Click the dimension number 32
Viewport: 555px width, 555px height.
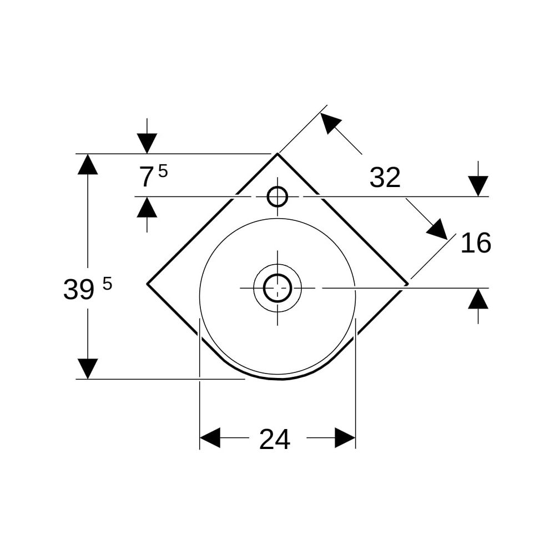tap(385, 178)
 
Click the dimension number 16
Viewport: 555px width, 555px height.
tap(476, 243)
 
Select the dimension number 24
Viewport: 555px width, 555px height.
tap(275, 439)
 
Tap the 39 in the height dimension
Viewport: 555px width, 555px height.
tap(79, 289)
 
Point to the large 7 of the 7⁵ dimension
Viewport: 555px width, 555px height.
tap(146, 177)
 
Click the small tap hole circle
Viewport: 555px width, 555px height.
tap(277, 196)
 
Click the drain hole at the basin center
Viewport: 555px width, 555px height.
tap(277, 288)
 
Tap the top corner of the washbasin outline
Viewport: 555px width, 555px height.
tap(278, 154)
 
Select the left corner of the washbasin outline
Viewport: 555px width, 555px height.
tap(147, 284)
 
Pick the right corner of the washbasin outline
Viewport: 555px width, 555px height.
tap(408, 284)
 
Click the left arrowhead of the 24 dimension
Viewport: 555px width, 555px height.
tap(210, 438)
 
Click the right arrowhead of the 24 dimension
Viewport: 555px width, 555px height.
tap(345, 438)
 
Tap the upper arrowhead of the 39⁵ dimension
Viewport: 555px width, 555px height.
tap(88, 164)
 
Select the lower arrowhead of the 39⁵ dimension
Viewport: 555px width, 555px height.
tap(88, 369)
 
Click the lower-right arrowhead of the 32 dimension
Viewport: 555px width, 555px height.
tap(437, 229)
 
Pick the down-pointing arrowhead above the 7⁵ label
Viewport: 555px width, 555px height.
tap(147, 144)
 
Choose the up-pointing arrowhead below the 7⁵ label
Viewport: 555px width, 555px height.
tap(147, 207)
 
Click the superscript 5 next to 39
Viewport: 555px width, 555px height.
tap(107, 284)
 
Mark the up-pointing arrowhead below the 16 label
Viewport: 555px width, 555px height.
tap(478, 299)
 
